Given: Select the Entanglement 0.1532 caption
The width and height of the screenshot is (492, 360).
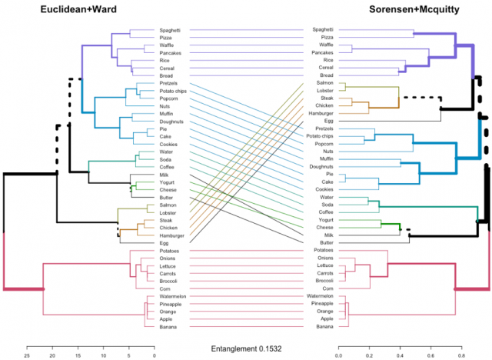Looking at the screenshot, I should point(246,348).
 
